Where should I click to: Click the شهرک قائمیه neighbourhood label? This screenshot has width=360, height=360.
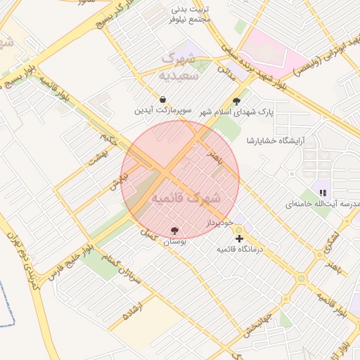186,198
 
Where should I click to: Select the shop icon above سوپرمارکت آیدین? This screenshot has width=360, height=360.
163,100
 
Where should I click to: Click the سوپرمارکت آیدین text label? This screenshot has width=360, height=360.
163,111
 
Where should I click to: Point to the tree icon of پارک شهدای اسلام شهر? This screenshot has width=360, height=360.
245,101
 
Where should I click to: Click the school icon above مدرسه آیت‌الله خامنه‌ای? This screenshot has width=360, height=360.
323,192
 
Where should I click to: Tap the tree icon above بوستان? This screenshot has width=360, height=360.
174,230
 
